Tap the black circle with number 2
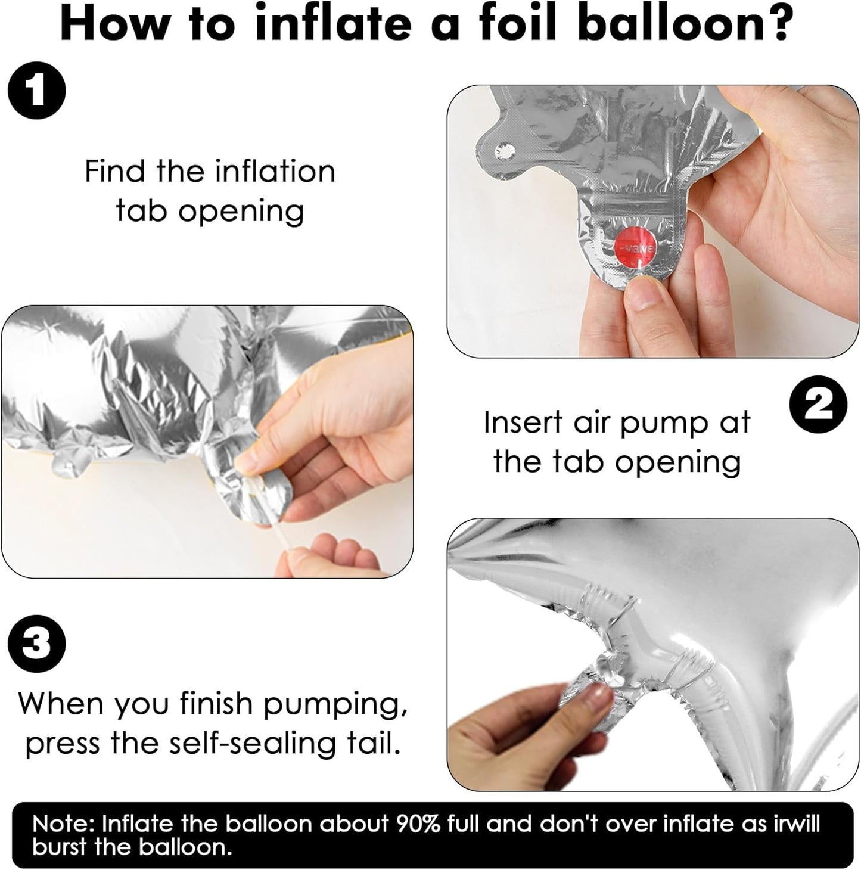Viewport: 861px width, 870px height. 818,405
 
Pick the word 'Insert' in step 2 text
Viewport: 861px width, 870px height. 523,422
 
